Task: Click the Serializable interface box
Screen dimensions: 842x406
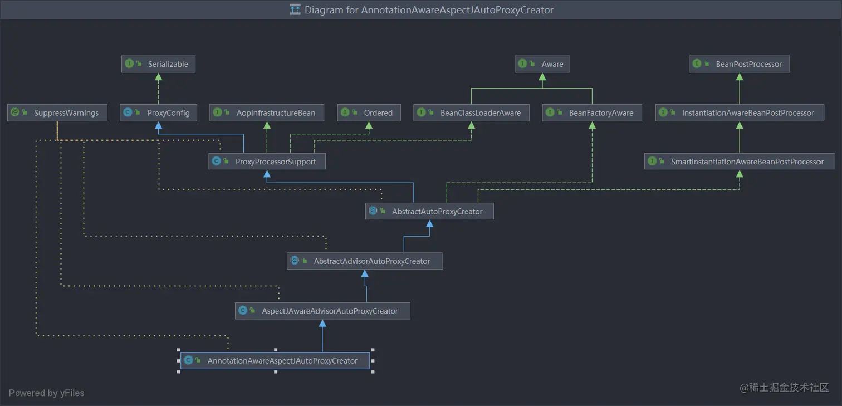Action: point(158,64)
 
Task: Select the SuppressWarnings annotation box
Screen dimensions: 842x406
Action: point(57,112)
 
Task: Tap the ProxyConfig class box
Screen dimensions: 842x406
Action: point(158,112)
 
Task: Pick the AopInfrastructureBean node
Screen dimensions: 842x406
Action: point(267,112)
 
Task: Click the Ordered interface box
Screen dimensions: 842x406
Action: point(369,112)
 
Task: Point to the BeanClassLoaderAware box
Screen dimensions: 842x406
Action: point(471,112)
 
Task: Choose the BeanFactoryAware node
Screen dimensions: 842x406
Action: point(592,112)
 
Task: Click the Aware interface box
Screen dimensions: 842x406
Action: point(542,64)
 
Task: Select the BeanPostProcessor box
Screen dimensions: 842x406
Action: point(740,64)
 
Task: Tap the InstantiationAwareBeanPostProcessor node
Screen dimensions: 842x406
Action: point(740,112)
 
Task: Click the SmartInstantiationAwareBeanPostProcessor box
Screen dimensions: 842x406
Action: point(740,162)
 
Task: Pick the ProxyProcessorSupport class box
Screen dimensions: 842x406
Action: point(267,162)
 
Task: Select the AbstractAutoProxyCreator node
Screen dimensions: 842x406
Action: point(429,211)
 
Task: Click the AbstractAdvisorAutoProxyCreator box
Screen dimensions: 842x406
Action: point(365,261)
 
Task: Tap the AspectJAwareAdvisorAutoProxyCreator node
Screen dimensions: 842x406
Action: point(322,311)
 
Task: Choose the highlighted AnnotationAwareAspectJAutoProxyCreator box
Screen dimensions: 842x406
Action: point(275,360)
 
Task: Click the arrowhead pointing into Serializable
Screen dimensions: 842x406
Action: point(159,77)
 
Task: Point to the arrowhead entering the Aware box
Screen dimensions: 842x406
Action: point(542,77)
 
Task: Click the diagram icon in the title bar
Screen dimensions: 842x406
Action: point(295,9)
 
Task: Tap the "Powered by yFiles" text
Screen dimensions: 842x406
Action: point(47,393)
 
